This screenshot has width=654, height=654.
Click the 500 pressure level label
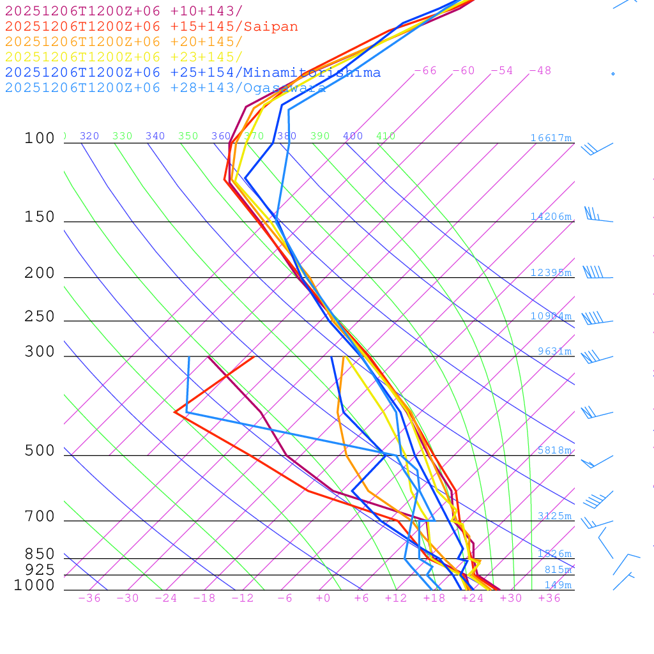click(40, 451)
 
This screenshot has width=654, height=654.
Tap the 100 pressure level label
click(40, 138)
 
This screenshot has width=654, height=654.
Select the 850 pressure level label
click(40, 554)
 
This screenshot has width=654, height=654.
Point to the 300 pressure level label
click(40, 352)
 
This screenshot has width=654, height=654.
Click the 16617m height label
click(551, 138)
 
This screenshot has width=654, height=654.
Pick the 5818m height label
click(554, 450)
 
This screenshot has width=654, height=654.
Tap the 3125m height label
click(554, 516)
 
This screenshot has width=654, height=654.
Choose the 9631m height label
click(554, 351)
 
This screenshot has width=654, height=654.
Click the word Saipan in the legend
click(271, 27)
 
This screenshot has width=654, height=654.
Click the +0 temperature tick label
click(323, 598)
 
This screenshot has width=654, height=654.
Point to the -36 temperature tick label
click(89, 598)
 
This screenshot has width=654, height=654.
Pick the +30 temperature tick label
click(511, 598)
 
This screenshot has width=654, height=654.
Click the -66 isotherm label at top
click(425, 71)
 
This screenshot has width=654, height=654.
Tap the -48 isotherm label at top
click(540, 71)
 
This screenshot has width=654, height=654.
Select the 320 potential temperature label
click(89, 136)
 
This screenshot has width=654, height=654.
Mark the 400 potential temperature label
click(353, 136)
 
